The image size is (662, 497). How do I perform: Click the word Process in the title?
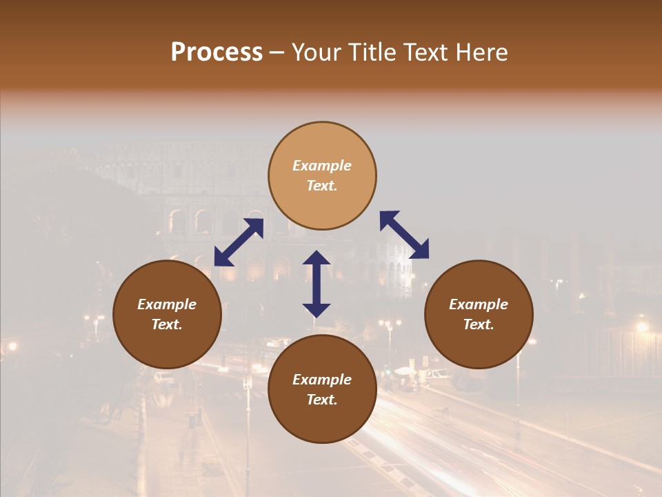pos(217,52)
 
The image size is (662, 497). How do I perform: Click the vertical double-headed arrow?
pos(317,284)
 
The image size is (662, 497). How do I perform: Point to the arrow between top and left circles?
pos(239,242)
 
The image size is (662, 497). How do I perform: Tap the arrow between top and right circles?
pos(405,235)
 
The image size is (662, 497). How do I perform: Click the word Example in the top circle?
pos(322,166)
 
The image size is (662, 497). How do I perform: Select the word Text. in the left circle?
pos(167,324)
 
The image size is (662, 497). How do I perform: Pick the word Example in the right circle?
pos(479,304)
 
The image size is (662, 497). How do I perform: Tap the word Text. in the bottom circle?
pos(322,400)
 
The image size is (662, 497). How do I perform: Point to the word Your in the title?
pos(318,52)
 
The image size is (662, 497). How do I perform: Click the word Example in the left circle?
pos(167,304)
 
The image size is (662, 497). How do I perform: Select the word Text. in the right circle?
pos(479,324)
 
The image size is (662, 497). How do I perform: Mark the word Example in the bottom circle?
pos(322,380)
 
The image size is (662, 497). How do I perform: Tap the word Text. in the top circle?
pos(322,186)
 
